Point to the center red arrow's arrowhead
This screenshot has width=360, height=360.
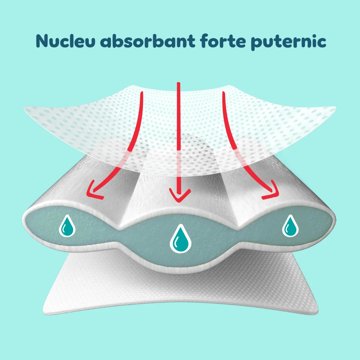180,195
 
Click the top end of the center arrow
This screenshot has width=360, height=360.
178,83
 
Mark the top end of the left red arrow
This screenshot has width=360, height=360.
142,92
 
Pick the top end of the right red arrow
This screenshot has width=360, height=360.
223,92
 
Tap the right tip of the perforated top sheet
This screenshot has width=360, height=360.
335,107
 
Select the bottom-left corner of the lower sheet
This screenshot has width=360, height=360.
43,310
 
